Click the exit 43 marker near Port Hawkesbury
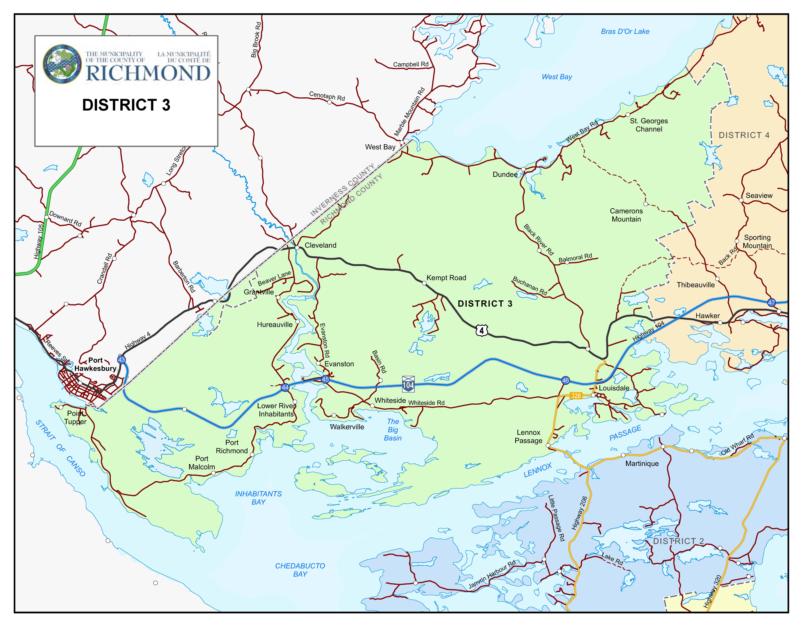(x=121, y=360)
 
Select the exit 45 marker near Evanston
(x=325, y=379)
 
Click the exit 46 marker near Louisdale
(x=565, y=381)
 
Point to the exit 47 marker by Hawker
(x=771, y=303)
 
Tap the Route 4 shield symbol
(x=482, y=330)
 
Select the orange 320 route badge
(x=576, y=396)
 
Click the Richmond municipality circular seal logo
(x=62, y=64)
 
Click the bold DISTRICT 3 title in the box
(x=126, y=105)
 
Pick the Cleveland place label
(x=320, y=245)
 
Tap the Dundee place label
(x=505, y=175)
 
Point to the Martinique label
(x=642, y=463)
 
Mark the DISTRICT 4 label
(x=744, y=135)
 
